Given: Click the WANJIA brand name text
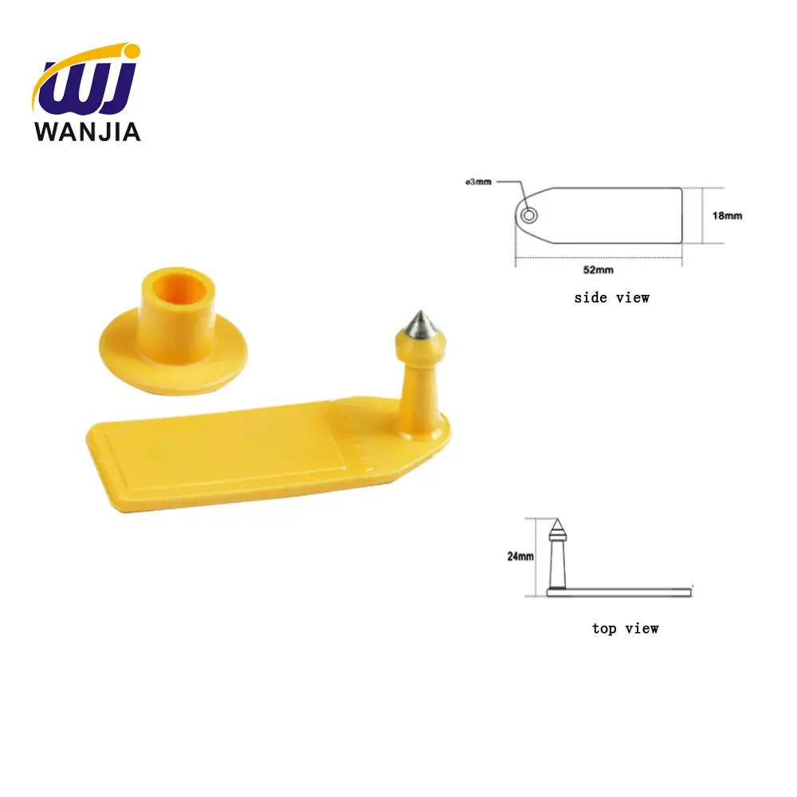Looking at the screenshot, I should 88,132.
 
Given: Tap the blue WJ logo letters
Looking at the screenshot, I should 88,89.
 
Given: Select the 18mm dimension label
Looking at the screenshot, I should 727,216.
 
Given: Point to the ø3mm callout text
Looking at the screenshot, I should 479,182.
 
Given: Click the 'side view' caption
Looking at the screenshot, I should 612,298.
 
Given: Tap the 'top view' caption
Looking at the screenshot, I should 625,629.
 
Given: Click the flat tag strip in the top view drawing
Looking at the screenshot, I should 630,591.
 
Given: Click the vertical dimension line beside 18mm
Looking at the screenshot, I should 701,215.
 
